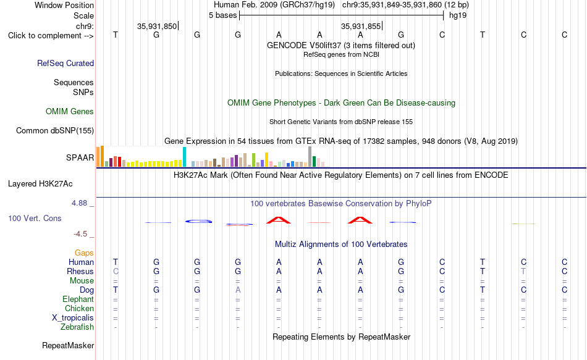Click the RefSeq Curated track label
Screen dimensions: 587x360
[x=65, y=63]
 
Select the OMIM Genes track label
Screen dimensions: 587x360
[x=70, y=112]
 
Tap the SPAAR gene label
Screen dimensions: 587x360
[x=80, y=157]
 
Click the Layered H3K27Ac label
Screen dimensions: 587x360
[x=40, y=184]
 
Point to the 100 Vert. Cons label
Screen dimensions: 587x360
[x=35, y=218]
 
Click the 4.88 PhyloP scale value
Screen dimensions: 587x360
[x=79, y=203]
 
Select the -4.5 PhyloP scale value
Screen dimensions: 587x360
[x=80, y=234]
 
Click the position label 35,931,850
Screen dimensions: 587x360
[x=156, y=26]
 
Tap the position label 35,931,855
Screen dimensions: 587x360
[x=360, y=26]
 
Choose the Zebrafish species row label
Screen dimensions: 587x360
[x=77, y=327]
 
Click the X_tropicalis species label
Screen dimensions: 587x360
[x=73, y=318]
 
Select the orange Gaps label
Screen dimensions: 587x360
[x=84, y=253]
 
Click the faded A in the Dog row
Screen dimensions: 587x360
[x=238, y=290]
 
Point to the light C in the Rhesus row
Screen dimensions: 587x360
[x=116, y=271]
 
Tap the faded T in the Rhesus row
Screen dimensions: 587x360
[x=523, y=271]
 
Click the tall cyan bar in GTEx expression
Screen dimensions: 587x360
[x=184, y=157]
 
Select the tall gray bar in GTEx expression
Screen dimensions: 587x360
[x=310, y=156]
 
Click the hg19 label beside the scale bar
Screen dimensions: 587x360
[x=458, y=15]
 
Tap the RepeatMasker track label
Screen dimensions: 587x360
[x=68, y=345]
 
